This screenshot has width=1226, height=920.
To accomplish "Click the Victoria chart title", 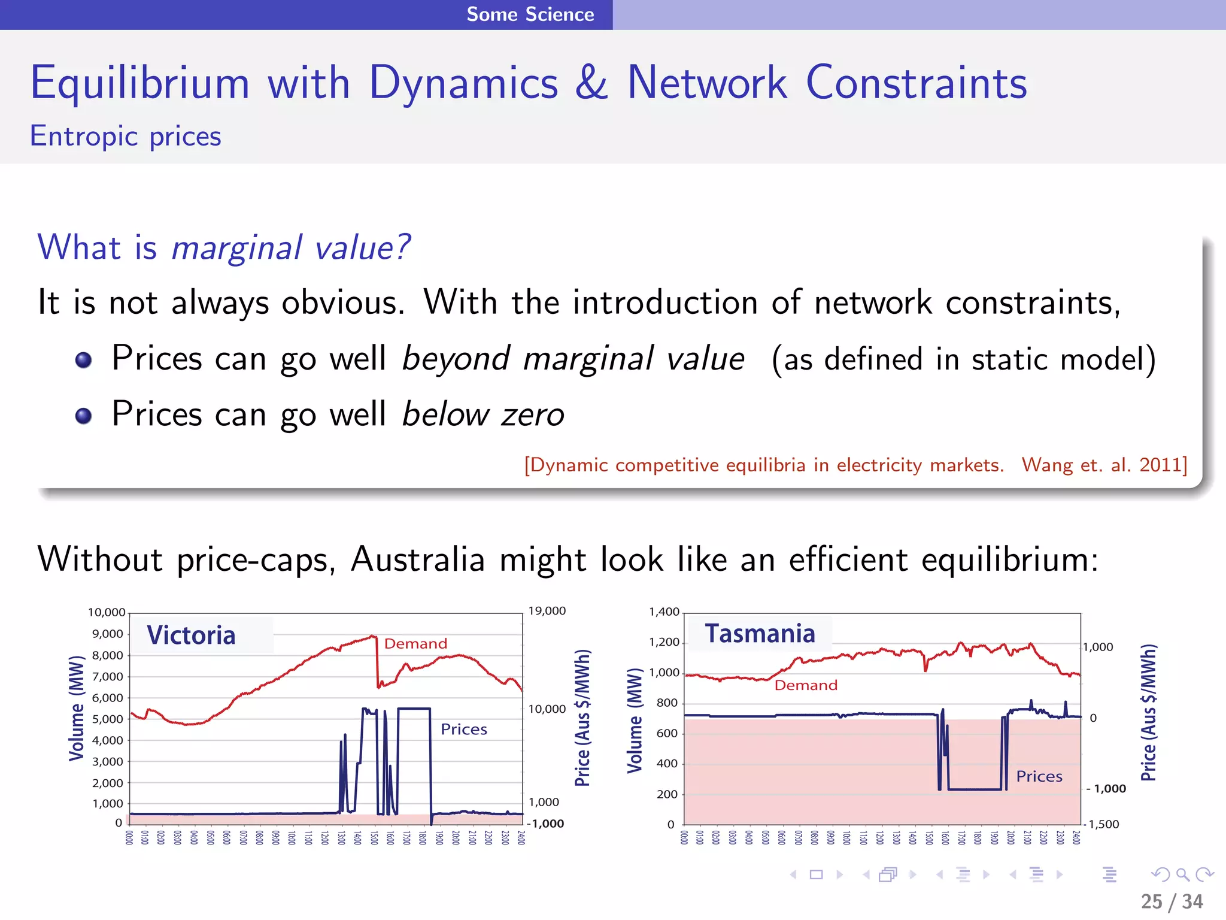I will (191, 635).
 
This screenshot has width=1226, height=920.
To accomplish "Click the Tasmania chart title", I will (760, 634).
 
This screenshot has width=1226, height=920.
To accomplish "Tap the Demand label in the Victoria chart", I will (415, 644).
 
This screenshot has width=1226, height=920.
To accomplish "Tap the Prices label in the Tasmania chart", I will (1039, 776).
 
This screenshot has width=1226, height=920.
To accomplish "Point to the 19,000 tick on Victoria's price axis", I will (547, 611).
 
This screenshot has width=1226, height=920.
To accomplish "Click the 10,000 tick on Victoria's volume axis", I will (107, 612).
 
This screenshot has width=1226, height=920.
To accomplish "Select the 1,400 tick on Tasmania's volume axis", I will (664, 612).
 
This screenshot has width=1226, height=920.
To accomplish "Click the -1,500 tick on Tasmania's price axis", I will (1102, 824).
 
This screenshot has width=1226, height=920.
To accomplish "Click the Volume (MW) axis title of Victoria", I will (77, 709).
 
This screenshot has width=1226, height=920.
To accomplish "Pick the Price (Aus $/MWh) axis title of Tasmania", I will (1148, 713).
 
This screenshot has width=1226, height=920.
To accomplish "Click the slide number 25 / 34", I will (1172, 901).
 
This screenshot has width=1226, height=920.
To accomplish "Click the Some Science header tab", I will (530, 14).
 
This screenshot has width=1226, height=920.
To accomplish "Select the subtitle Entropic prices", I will (126, 137).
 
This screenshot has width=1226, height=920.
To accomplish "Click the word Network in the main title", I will (706, 83).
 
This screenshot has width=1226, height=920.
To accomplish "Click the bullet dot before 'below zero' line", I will (84, 415).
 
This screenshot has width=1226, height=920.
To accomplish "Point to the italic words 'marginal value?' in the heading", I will (291, 247).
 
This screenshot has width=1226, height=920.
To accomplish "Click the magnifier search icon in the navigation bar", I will (1182, 874).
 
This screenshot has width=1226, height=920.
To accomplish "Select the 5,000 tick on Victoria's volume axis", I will (108, 719).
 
